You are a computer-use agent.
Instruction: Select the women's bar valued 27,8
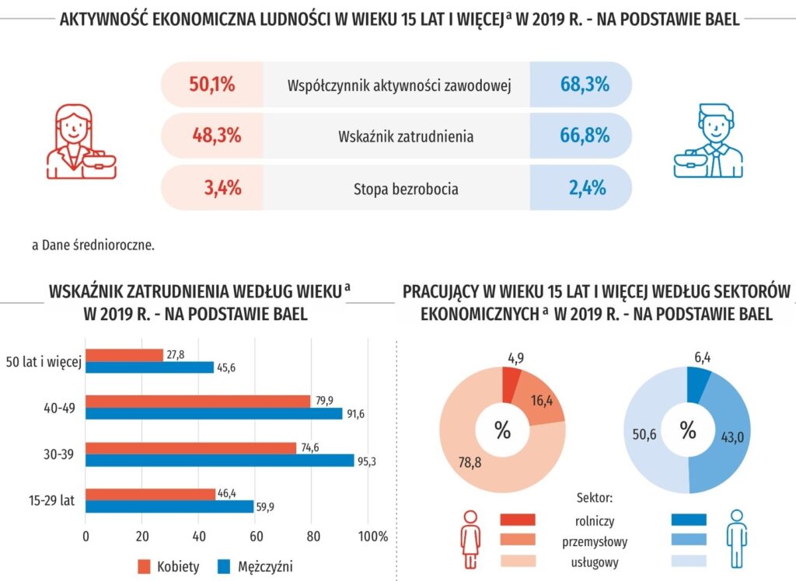124,355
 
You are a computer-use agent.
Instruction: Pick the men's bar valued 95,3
220,460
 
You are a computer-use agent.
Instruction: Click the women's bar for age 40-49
198,402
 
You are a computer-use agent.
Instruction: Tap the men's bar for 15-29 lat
169,506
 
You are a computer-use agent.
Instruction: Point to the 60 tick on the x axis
255,536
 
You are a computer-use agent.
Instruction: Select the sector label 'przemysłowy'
595,541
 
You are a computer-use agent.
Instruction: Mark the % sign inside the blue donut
688,430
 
